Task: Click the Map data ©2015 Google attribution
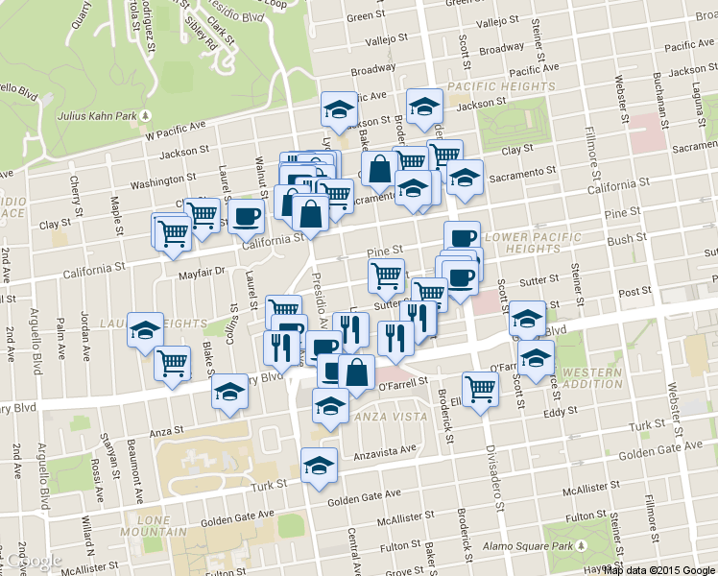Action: (658, 569)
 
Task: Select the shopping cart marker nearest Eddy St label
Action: (481, 389)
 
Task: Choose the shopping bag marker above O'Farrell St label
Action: (356, 372)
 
